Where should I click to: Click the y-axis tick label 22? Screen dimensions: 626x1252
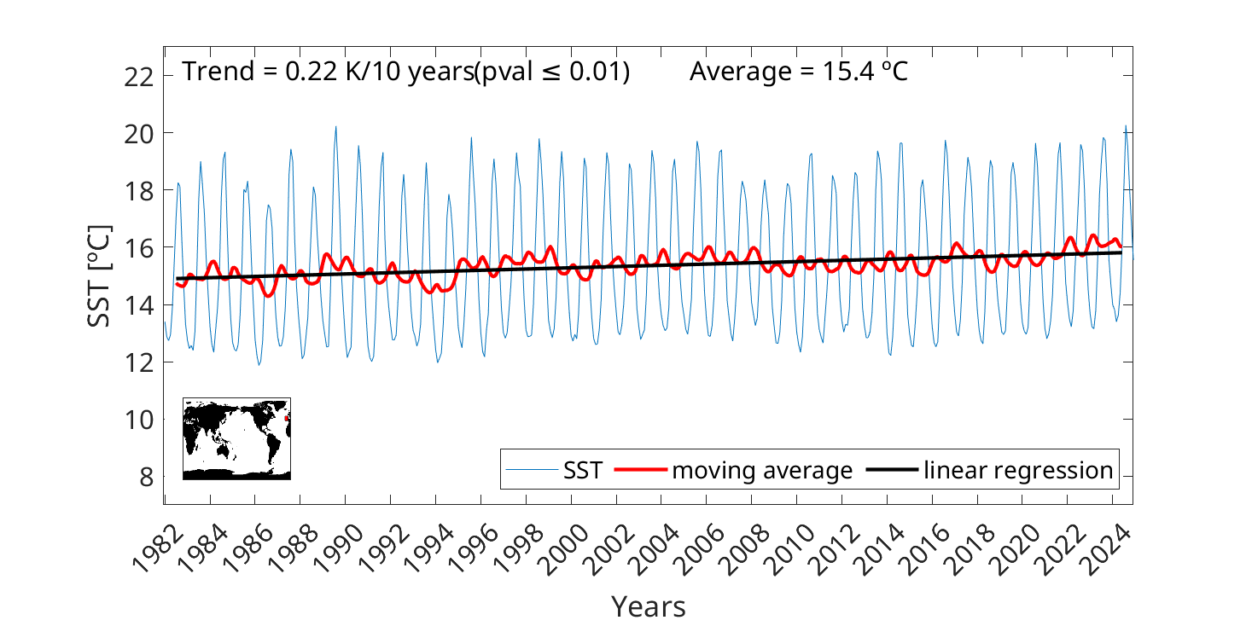pos(139,77)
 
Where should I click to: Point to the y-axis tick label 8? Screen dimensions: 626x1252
pos(145,477)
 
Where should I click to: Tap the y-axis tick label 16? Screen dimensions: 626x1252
pos(139,248)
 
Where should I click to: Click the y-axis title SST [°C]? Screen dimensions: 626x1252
pos(100,275)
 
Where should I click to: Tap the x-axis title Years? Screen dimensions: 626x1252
pos(648,606)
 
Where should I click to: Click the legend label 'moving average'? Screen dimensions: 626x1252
pos(762,470)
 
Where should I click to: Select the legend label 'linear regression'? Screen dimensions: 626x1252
pos(1018,470)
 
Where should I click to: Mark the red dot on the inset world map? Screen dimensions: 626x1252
pos(287,418)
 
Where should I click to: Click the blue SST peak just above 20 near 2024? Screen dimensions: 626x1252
pos(1126,126)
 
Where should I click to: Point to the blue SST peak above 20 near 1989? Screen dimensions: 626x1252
pos(335,127)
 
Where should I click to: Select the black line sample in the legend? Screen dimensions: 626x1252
pos(892,470)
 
